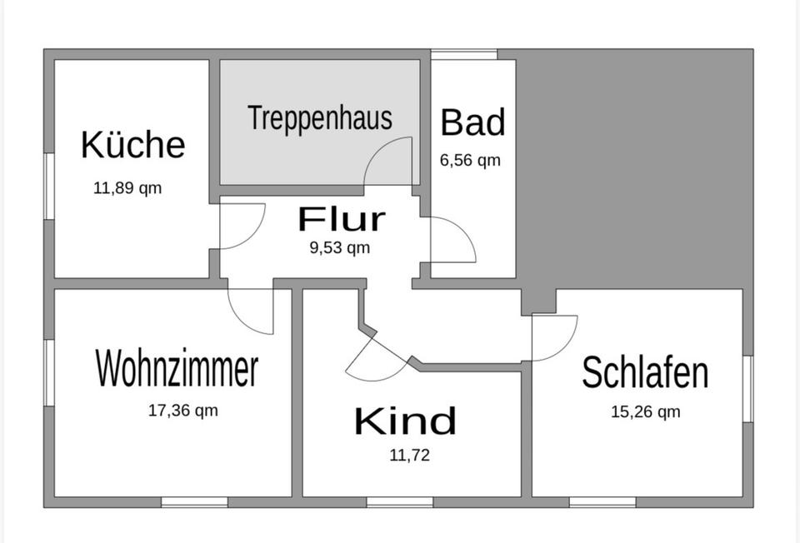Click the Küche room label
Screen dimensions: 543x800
pyautogui.click(x=132, y=144)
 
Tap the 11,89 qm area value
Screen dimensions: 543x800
pyautogui.click(x=127, y=188)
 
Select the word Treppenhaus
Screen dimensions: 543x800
pyautogui.click(x=320, y=118)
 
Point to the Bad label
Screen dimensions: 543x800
pyautogui.click(x=472, y=122)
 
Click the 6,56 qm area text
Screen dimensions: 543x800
pyautogui.click(x=470, y=161)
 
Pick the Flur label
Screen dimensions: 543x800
pyautogui.click(x=342, y=220)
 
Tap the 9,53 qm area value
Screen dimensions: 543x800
pyautogui.click(x=340, y=247)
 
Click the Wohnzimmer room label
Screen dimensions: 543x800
pyautogui.click(x=177, y=369)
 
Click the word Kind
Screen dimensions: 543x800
pyautogui.click(x=405, y=421)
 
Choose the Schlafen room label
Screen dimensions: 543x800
pyautogui.click(x=645, y=372)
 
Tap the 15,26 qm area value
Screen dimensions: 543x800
pyautogui.click(x=646, y=412)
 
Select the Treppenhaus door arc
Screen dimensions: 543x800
pyautogui.click(x=390, y=162)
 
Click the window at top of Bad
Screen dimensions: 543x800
pyautogui.click(x=463, y=54)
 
